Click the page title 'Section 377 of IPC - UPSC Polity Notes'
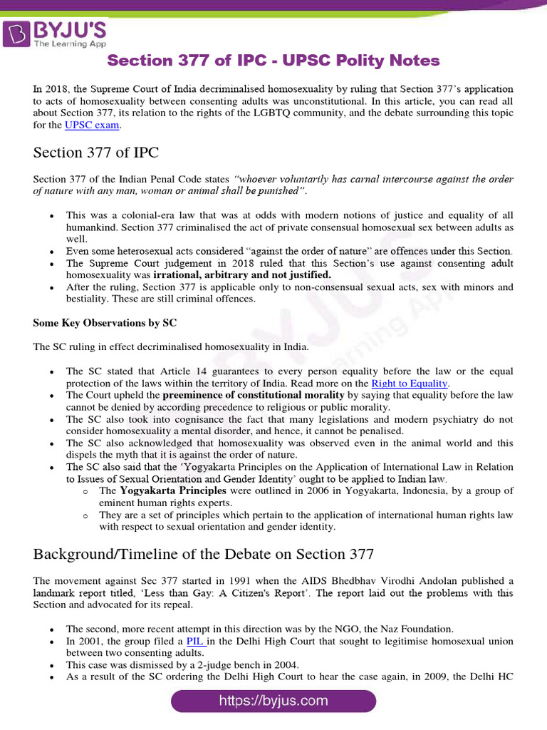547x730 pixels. click(273, 61)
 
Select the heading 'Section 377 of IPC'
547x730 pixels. click(96, 153)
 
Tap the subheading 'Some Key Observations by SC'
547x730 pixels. click(105, 323)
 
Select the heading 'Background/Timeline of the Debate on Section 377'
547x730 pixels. click(204, 554)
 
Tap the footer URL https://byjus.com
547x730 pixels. click(273, 701)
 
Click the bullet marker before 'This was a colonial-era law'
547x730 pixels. click(52, 215)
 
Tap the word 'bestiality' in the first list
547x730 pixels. click(88, 299)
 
